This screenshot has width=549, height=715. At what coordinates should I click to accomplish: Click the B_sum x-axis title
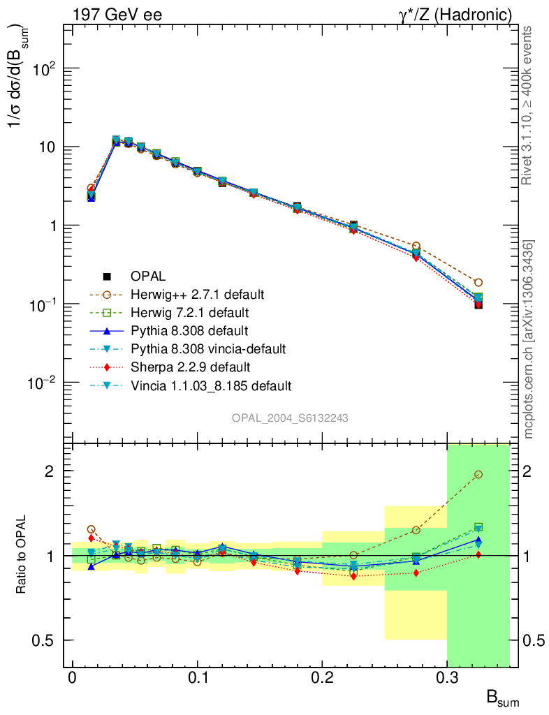click(502, 698)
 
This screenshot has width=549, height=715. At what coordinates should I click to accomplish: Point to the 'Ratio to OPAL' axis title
click(22, 556)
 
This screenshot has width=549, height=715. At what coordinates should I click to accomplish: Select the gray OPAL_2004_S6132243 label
click(290, 418)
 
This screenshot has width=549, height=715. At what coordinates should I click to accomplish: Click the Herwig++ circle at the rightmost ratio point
click(478, 474)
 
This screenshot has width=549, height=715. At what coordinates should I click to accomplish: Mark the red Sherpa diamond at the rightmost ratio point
click(478, 554)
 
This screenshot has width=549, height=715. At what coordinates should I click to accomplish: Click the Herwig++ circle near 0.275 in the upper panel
click(416, 246)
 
